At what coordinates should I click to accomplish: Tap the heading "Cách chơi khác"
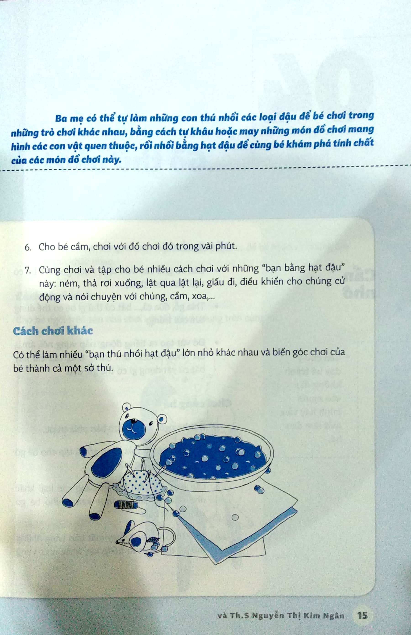tap(53, 331)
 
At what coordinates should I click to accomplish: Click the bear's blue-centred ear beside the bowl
tap(161, 419)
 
